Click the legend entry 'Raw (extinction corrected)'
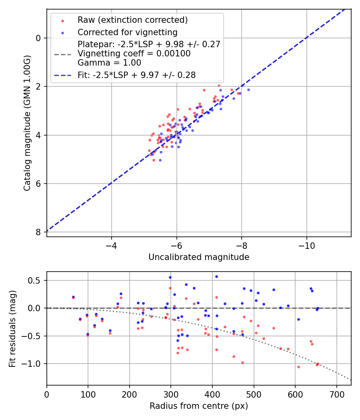132,20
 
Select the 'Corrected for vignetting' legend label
127,32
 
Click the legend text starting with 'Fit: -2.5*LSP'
136,75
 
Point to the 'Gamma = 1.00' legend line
109,63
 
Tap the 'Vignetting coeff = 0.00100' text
134,54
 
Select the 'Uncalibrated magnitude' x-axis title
199,257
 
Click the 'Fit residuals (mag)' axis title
12,328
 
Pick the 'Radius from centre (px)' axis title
199,406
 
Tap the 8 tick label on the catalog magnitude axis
38,232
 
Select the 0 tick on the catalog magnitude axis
38,38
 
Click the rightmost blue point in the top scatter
248,90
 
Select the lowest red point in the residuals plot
298,367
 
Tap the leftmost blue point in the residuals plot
73,297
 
